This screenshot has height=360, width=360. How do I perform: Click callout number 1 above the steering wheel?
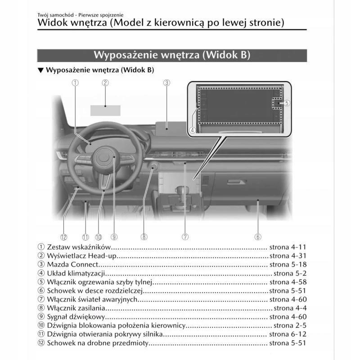pyautogui.click(x=75, y=82)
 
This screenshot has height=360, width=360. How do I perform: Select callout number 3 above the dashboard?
pyautogui.click(x=166, y=82)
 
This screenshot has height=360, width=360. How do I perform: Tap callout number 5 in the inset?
pyautogui.click(x=287, y=103)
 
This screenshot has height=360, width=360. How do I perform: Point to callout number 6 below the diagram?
pyautogui.click(x=258, y=237)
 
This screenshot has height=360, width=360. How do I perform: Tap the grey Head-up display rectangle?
pyautogui.click(x=105, y=110)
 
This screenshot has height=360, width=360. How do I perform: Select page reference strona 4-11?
pyautogui.click(x=288, y=247)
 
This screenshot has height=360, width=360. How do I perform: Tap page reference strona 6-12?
pyautogui.click(x=288, y=334)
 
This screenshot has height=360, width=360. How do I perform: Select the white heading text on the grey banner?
pyautogui.click(x=171, y=54)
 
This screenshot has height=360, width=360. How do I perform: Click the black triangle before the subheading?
pyautogui.click(x=40, y=70)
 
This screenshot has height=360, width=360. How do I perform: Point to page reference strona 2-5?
pyautogui.click(x=290, y=326)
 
